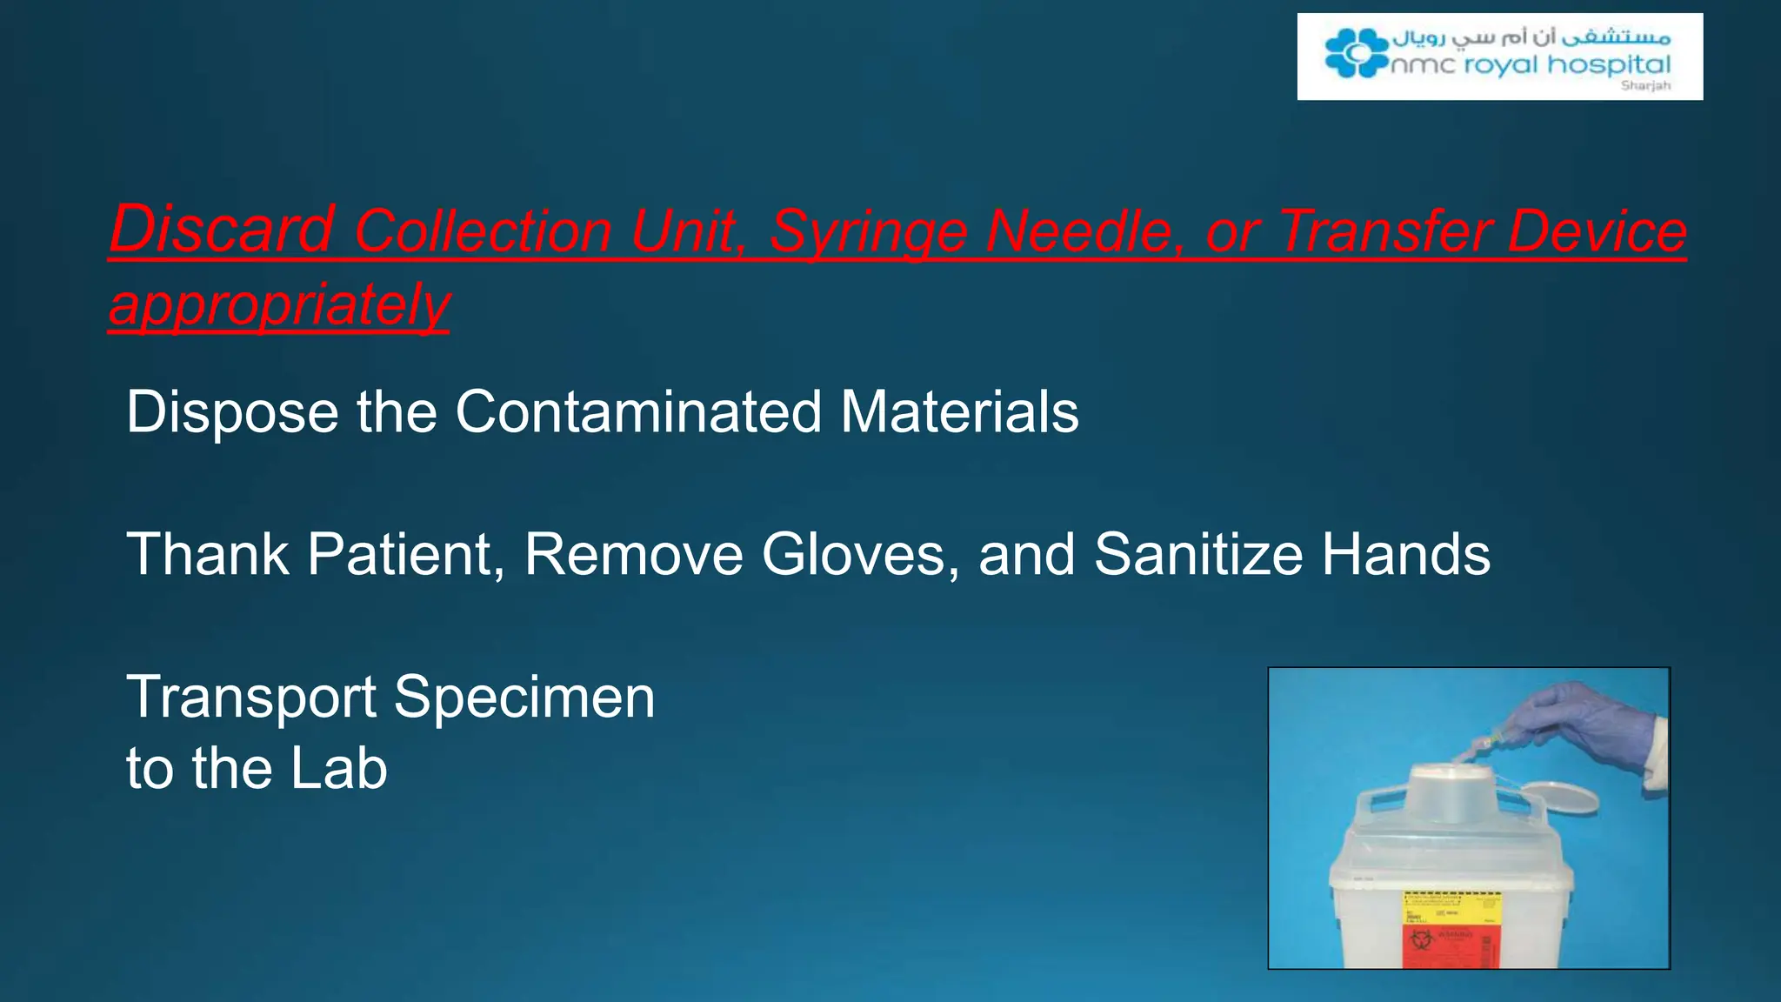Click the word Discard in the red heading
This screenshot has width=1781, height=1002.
222,230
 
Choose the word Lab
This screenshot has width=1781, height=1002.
338,769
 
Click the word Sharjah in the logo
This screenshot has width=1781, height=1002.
1645,85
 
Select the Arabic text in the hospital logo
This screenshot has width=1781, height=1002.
1531,37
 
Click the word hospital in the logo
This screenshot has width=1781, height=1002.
1609,64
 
